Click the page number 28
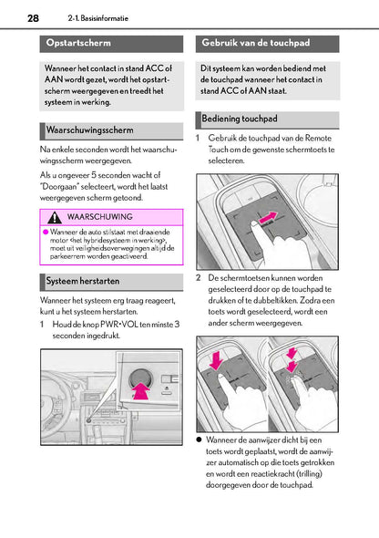pos(33,18)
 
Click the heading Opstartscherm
pos(78,43)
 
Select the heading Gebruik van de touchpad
pos(256,43)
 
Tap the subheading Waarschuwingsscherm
pos(90,130)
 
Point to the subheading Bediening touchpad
pos(240,119)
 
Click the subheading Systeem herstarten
pos(83,281)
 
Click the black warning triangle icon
pos(55,217)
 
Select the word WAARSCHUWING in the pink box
pos(99,217)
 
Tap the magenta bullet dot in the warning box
pos(46,232)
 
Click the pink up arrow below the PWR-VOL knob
pos(141,391)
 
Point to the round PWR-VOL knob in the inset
pos(139,378)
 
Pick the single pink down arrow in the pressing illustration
pos(216,360)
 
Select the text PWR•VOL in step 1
pos(119,325)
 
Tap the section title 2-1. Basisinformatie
pos(98,18)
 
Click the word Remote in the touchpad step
pos(318,139)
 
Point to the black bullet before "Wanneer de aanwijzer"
pos(199,440)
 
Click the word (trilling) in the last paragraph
pos(310,474)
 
